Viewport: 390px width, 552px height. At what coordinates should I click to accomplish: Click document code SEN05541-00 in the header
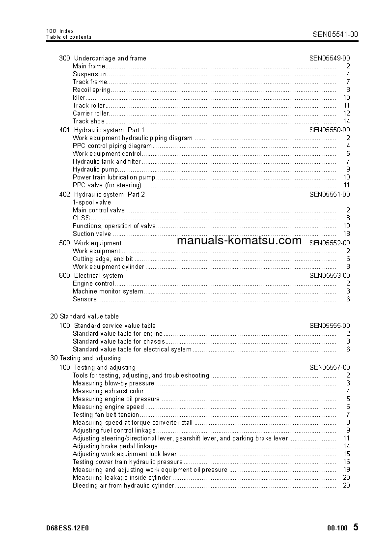(335, 34)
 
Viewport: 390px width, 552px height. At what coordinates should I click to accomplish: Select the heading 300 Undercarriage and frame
(103, 58)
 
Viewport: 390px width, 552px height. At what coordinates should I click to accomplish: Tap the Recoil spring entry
(91, 90)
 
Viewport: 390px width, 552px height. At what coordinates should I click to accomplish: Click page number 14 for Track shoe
(346, 121)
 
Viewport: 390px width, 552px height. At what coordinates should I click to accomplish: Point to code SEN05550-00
(330, 130)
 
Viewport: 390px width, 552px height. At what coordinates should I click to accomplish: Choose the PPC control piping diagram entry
(112, 146)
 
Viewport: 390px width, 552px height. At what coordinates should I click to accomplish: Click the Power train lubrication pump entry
(114, 177)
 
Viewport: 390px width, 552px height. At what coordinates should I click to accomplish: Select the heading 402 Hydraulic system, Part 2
(102, 195)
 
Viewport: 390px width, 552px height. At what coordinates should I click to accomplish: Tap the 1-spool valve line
(92, 203)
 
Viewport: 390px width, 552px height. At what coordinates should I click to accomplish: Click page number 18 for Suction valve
(346, 234)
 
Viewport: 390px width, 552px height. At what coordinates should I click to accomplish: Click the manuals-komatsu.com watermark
(239, 241)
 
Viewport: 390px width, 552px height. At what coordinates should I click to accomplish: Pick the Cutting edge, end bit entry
(103, 259)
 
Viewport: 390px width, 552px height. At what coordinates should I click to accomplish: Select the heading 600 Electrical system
(91, 276)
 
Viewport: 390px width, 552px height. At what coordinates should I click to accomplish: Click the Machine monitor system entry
(108, 291)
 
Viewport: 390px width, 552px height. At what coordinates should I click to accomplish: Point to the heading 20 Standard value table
(84, 317)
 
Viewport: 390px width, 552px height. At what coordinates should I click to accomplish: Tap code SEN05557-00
(330, 368)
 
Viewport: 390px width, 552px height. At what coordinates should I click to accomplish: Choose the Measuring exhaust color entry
(108, 391)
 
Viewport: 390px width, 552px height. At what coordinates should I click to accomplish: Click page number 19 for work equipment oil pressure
(346, 470)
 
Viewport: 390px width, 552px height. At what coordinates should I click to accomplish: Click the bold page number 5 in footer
(356, 527)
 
